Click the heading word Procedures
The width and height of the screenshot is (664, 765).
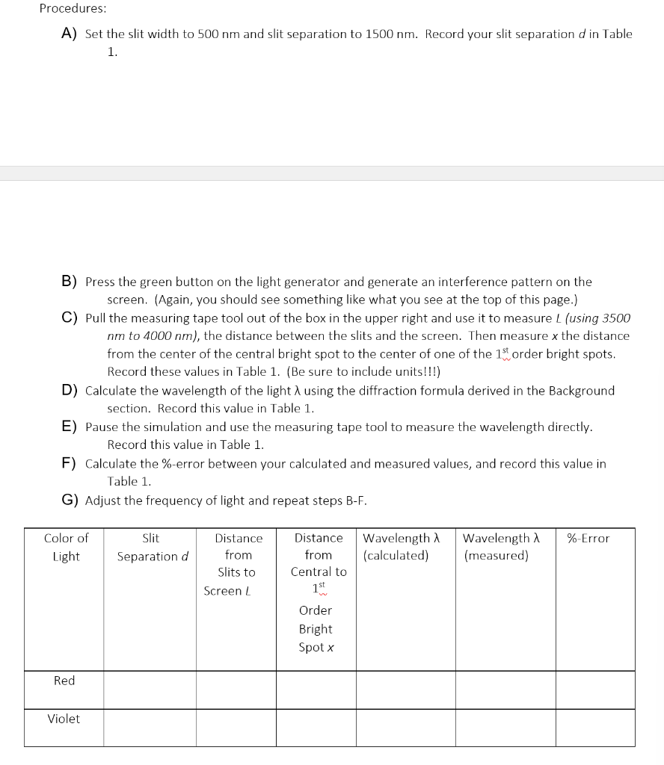(x=73, y=8)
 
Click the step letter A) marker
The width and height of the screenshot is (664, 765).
(x=69, y=34)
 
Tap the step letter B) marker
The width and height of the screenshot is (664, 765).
(x=69, y=282)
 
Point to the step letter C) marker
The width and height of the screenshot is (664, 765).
(x=69, y=318)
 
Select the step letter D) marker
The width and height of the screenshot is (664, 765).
(x=69, y=390)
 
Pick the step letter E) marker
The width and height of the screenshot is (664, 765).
(x=69, y=427)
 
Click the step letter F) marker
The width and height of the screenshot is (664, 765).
(x=69, y=463)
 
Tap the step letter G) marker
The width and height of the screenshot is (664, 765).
(x=70, y=500)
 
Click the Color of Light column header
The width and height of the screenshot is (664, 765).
(x=66, y=547)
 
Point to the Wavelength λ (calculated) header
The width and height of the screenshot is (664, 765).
(x=400, y=547)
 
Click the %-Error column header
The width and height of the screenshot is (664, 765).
(x=588, y=538)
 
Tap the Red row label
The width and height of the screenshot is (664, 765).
(x=64, y=681)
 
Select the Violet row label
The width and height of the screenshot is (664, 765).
(x=64, y=719)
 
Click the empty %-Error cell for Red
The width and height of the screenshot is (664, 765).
(x=595, y=690)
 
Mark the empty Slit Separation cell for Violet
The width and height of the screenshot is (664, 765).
(x=150, y=728)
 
